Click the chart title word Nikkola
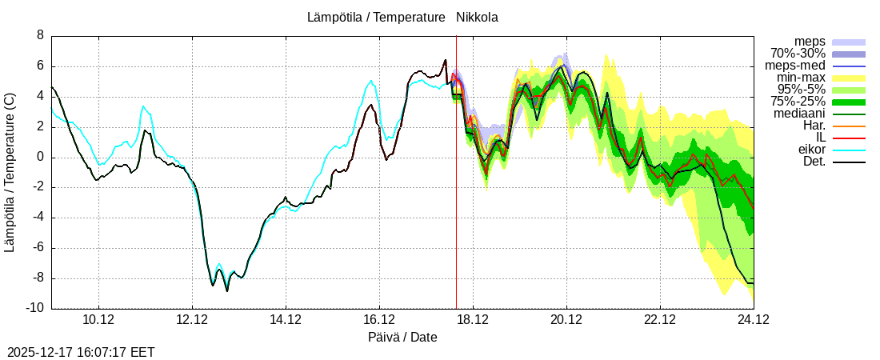click(x=477, y=18)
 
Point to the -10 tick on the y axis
click(x=36, y=309)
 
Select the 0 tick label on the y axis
click(x=40, y=158)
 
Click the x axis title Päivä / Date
click(x=402, y=338)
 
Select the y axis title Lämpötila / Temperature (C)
click(x=10, y=172)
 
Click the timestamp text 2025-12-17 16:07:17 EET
click(x=81, y=352)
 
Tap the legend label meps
click(x=810, y=41)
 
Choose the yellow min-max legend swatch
click(x=849, y=78)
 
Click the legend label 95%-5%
click(x=800, y=90)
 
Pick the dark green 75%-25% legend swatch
click(x=849, y=102)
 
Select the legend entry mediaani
click(x=799, y=114)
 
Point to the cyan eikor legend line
click(x=849, y=150)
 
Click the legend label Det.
click(x=814, y=162)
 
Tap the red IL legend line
click(x=849, y=138)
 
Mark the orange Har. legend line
click(x=849, y=126)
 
